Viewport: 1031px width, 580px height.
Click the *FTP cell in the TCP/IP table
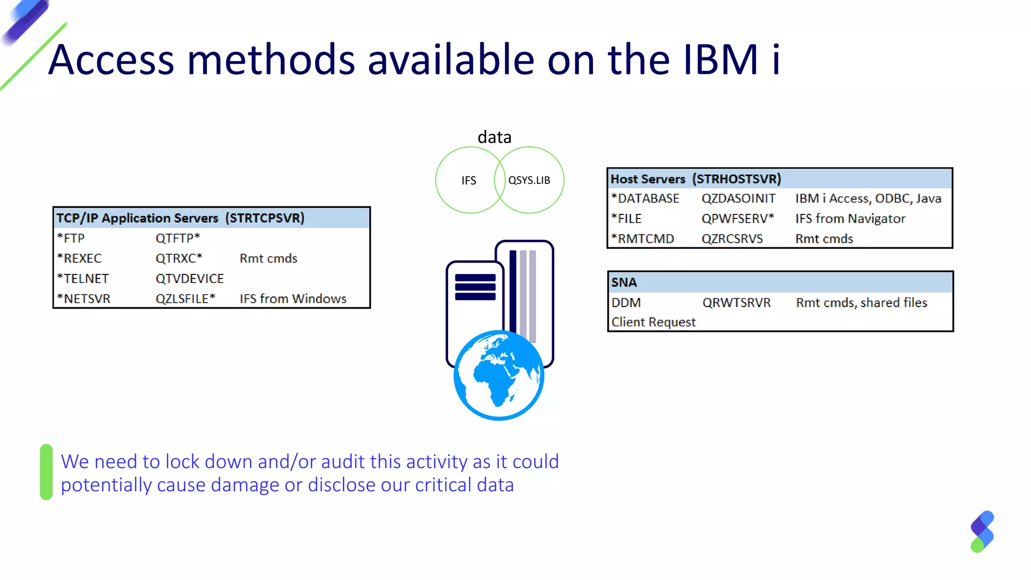click(71, 238)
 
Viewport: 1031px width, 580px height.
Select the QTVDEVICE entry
click(189, 278)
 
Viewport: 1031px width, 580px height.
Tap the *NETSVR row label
click(84, 299)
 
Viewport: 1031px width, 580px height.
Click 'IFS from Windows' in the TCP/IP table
click(293, 299)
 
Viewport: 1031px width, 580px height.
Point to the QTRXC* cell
click(179, 258)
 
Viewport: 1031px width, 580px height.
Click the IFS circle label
click(469, 180)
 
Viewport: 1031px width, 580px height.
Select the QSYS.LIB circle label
click(529, 180)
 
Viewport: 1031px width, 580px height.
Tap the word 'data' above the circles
click(494, 137)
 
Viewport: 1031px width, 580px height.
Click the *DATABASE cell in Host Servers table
click(645, 198)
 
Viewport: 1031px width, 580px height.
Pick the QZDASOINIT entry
click(739, 198)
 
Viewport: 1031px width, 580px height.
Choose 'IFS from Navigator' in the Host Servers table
click(850, 219)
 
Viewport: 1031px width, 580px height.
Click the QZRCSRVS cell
click(732, 239)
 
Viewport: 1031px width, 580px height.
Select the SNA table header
click(624, 282)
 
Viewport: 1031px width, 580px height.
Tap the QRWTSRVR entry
click(737, 303)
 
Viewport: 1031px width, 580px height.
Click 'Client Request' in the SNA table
click(653, 322)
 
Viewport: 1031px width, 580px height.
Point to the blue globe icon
click(499, 376)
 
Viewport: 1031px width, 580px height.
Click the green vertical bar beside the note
click(46, 472)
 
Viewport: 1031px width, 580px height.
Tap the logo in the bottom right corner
click(982, 532)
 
